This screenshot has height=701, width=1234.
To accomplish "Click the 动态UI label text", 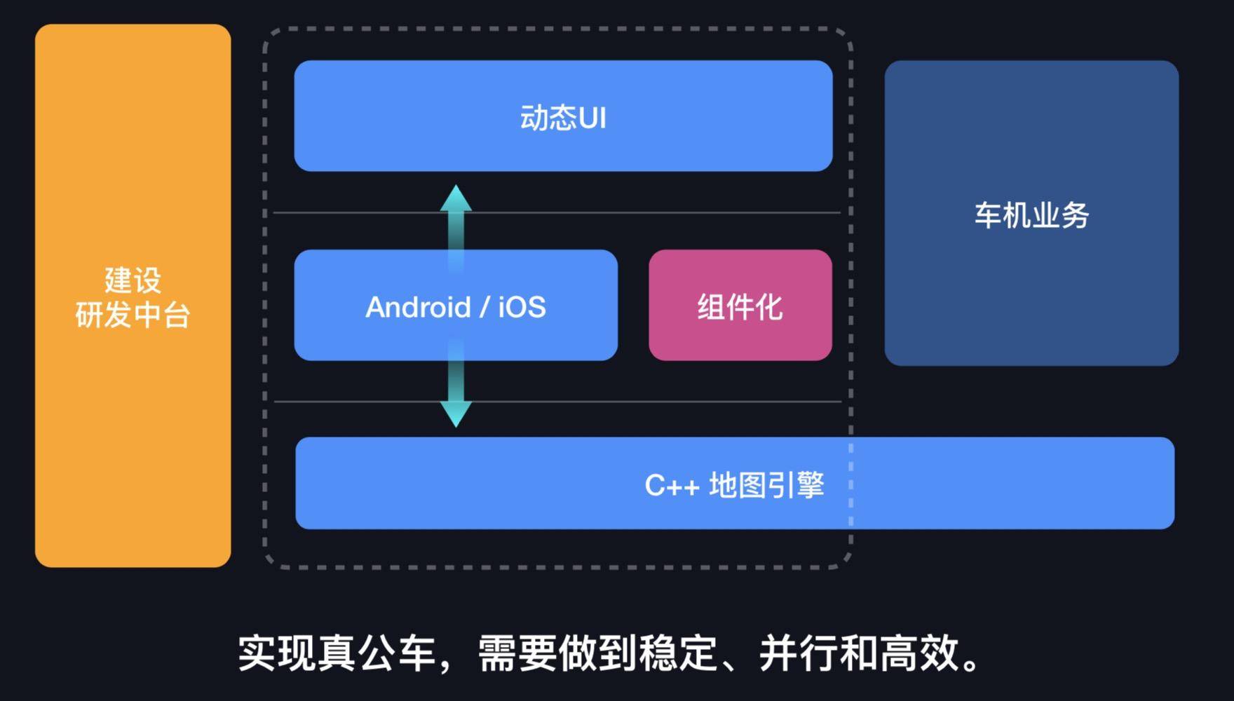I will (x=563, y=118).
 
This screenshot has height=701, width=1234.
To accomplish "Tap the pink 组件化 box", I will (x=740, y=306).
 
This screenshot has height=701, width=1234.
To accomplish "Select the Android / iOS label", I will (x=456, y=307).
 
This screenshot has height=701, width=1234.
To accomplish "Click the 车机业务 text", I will (x=1031, y=215).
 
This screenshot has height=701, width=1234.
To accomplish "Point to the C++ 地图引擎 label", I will (x=734, y=485).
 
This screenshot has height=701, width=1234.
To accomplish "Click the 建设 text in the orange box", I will (x=133, y=280).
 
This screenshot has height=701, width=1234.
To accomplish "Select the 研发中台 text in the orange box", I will (x=133, y=315).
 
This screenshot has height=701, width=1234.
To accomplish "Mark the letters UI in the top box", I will (x=592, y=118).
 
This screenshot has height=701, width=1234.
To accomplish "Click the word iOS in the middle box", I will (x=522, y=307).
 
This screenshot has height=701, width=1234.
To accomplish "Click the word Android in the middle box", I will (x=418, y=307).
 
